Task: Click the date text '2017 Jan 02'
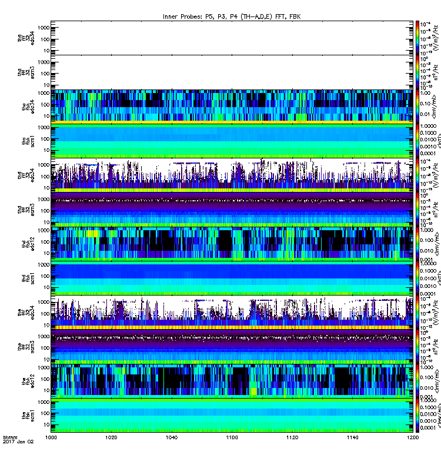click(16, 459)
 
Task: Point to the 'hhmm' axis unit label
click(10, 455)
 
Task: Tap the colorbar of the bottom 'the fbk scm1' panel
click(411, 420)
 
